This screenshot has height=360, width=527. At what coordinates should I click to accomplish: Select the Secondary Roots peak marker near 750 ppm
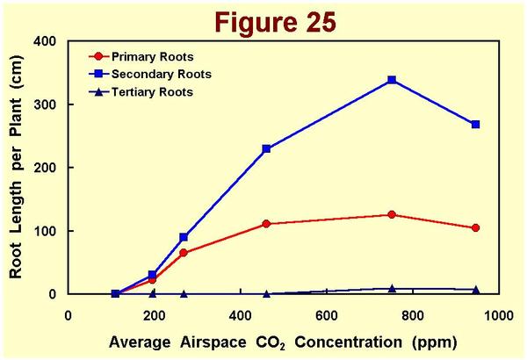[x=392, y=80]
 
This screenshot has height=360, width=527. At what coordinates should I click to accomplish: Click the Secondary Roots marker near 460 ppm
[x=266, y=149]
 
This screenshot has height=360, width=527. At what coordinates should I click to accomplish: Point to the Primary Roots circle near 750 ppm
[x=392, y=214]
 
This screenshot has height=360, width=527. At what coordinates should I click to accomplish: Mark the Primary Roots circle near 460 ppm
[x=266, y=224]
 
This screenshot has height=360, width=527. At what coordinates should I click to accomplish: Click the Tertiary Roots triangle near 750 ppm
[x=392, y=288]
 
